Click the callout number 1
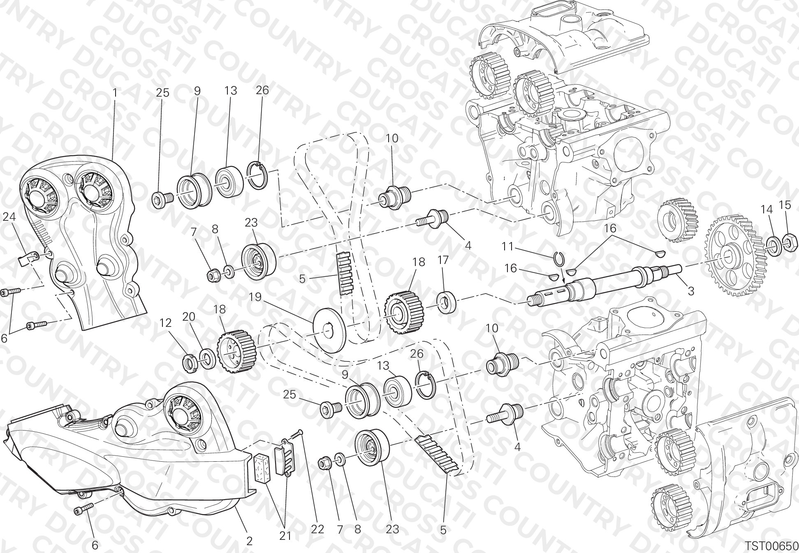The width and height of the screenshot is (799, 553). (115, 93)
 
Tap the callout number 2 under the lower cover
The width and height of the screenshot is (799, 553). (249, 541)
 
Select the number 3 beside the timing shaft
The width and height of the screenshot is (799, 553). (691, 291)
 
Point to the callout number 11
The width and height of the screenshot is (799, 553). (508, 247)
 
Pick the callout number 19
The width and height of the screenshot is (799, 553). (255, 296)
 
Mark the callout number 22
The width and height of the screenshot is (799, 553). (317, 530)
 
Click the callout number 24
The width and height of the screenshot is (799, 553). (9, 216)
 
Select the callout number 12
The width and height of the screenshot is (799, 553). (165, 323)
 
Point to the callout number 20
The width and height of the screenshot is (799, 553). (189, 317)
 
